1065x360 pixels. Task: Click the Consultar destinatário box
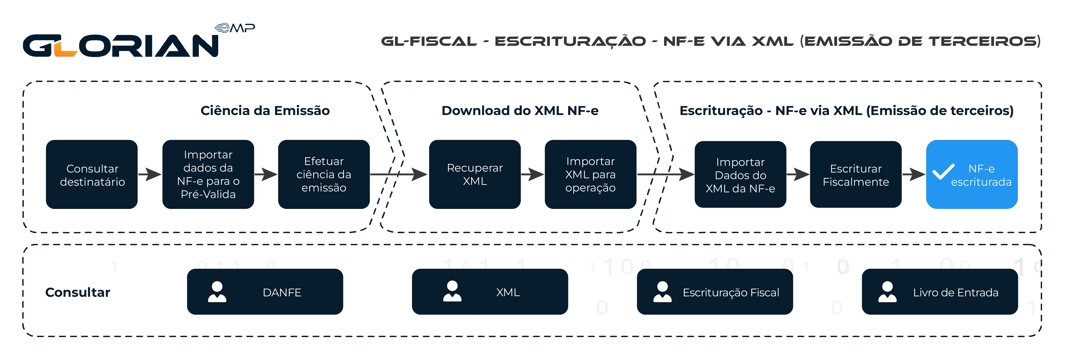coord(91,174)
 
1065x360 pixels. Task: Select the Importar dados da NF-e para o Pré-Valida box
coord(208,174)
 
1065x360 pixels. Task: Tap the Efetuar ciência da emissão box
coord(324,174)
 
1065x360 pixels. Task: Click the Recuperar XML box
coord(475,174)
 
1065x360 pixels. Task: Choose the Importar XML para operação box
coord(590,174)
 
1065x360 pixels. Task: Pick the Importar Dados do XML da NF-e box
coord(740,174)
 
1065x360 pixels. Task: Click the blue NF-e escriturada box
coord(972,174)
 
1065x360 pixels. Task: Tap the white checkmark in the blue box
coord(943,171)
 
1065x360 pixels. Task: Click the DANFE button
coord(264,292)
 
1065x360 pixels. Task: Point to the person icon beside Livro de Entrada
coord(887,292)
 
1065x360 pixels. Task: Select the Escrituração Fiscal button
coord(714,292)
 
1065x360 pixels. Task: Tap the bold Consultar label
coord(78,292)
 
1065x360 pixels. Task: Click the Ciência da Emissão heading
coord(265,111)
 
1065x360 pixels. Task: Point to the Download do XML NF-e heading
coord(520,111)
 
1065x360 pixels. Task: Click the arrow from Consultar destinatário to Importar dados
coord(150,174)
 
